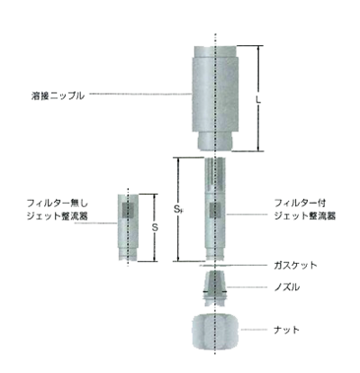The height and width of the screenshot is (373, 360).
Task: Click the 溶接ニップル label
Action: tap(58, 96)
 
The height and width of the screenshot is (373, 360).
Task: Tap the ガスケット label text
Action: tap(295, 266)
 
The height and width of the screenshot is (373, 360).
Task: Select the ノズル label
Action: tap(287, 287)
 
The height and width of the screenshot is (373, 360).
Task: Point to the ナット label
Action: tap(287, 330)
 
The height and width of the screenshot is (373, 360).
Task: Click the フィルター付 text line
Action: tap(301, 203)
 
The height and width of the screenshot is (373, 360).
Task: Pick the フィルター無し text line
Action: tap(58, 204)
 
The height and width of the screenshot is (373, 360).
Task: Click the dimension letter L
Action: tap(258, 99)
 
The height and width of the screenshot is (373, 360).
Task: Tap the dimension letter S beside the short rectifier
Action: tap(155, 228)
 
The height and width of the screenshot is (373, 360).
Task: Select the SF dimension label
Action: tap(179, 209)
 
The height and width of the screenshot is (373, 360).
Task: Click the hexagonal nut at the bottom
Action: tap(215, 332)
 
